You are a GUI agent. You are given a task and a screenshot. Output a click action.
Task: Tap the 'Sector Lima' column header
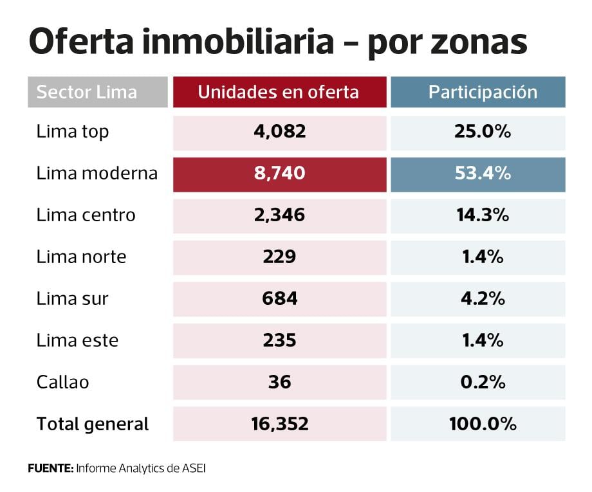[x=87, y=92]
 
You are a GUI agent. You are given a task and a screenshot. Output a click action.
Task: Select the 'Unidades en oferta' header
[x=279, y=92]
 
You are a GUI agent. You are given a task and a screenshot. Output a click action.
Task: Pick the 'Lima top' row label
[x=73, y=132]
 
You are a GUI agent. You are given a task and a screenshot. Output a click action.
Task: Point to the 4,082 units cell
[x=279, y=132]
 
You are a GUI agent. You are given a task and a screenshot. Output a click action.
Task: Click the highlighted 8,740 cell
[x=279, y=174]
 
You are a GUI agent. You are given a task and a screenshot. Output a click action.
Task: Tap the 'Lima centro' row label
[x=86, y=215]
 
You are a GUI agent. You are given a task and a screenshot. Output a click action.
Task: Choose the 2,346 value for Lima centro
[x=279, y=215]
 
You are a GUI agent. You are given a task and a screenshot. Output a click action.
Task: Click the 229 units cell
[x=279, y=257]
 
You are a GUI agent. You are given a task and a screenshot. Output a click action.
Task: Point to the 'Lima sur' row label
[x=72, y=299]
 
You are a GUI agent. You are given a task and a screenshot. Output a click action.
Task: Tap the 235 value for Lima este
[x=279, y=340]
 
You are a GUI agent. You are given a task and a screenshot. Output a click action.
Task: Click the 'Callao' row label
[x=62, y=382]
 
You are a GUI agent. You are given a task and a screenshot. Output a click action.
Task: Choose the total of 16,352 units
[x=279, y=424]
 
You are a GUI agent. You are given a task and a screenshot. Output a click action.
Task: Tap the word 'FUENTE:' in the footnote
[x=50, y=468]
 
